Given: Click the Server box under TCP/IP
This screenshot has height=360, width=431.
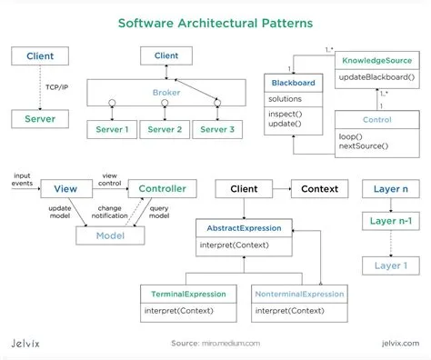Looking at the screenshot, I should pyautogui.click(x=39, y=119).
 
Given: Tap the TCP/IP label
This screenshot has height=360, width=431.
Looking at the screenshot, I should pyautogui.click(x=57, y=87).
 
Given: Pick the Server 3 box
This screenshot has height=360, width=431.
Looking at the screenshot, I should pyautogui.click(x=220, y=130).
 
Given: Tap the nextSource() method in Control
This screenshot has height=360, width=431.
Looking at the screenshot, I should pyautogui.click(x=364, y=146).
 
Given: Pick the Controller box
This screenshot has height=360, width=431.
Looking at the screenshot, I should pyautogui.click(x=162, y=189).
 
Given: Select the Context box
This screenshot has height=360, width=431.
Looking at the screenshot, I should pyautogui.click(x=319, y=189).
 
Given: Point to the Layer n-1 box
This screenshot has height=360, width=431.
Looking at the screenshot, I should pyautogui.click(x=391, y=221).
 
